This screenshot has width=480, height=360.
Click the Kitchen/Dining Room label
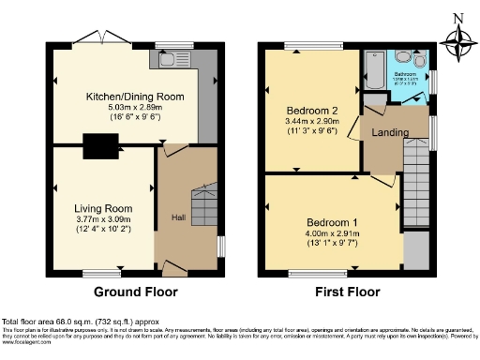(134, 97)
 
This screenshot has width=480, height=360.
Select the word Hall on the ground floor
(177, 217)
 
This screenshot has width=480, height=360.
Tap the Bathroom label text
(405, 73)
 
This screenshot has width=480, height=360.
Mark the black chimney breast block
(97, 146)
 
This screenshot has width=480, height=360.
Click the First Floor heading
(349, 292)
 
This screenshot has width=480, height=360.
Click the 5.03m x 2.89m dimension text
(134, 108)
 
